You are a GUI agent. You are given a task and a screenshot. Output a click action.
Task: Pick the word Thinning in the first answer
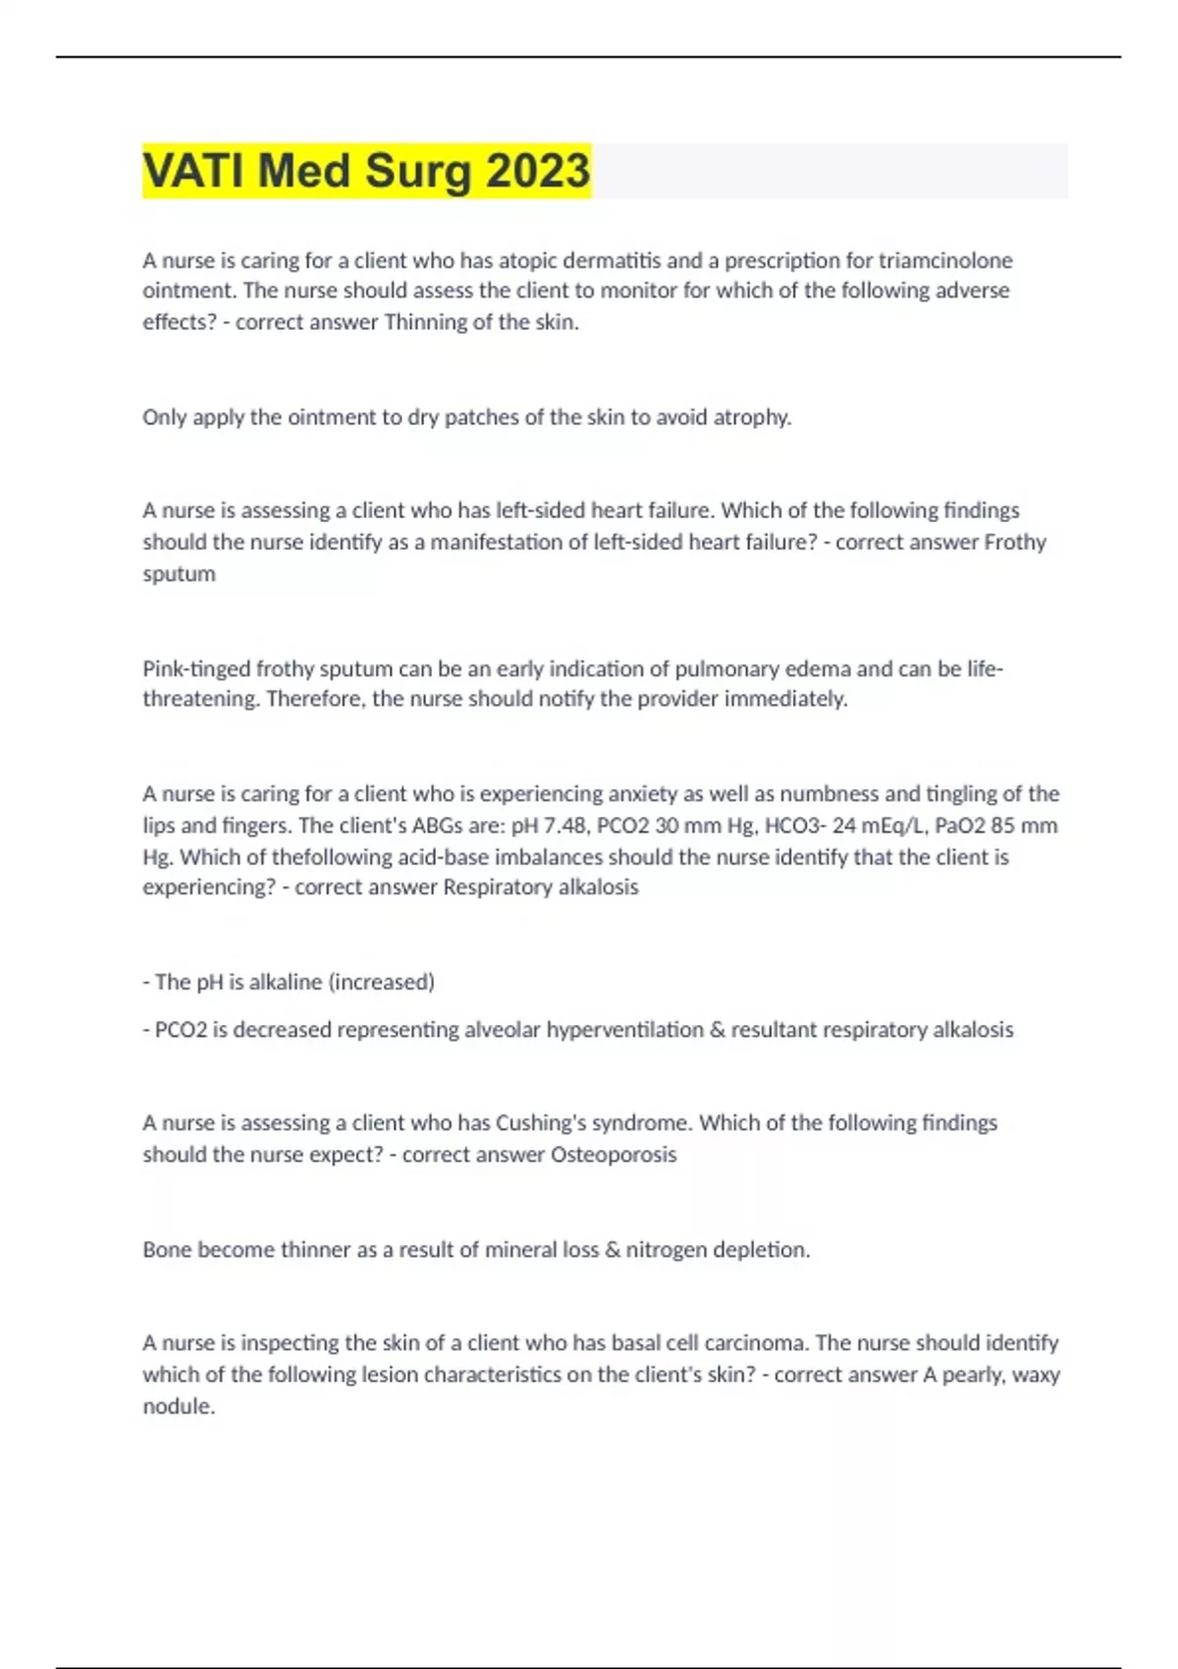[425, 322]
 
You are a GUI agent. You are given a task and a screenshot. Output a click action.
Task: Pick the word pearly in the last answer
[972, 1374]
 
